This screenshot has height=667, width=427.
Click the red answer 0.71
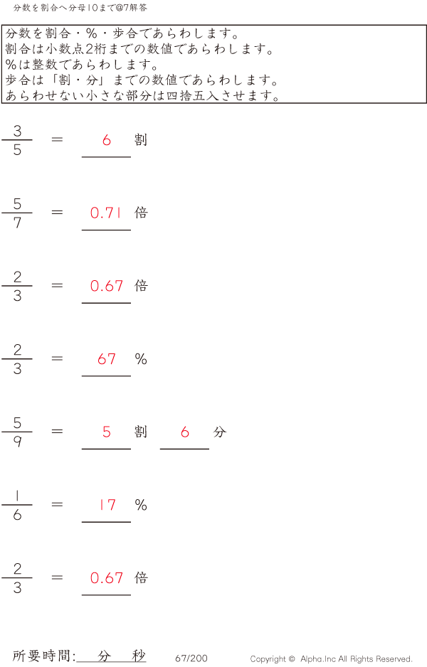click(x=107, y=213)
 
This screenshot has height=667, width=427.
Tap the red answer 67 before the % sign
click(x=107, y=359)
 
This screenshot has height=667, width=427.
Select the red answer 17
click(x=107, y=505)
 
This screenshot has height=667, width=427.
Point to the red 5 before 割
click(x=107, y=432)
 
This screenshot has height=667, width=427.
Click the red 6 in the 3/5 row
click(x=107, y=140)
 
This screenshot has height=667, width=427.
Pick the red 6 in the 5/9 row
click(x=185, y=432)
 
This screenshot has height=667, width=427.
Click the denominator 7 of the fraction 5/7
click(x=17, y=223)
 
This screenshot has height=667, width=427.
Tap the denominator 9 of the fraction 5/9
click(x=17, y=442)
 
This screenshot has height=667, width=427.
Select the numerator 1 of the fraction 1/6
click(x=17, y=496)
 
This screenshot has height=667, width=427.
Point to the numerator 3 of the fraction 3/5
click(x=17, y=131)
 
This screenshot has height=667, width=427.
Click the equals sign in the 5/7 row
click(x=58, y=212)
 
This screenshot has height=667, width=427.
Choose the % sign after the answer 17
click(x=141, y=505)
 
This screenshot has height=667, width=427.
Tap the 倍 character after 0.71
click(x=141, y=213)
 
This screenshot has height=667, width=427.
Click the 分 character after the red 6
click(x=219, y=432)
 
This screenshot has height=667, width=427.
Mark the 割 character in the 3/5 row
click(x=141, y=139)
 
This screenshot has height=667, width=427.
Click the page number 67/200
click(x=191, y=658)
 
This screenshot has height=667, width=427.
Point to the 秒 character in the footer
click(x=138, y=656)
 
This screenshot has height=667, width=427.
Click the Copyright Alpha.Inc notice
click(x=331, y=659)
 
